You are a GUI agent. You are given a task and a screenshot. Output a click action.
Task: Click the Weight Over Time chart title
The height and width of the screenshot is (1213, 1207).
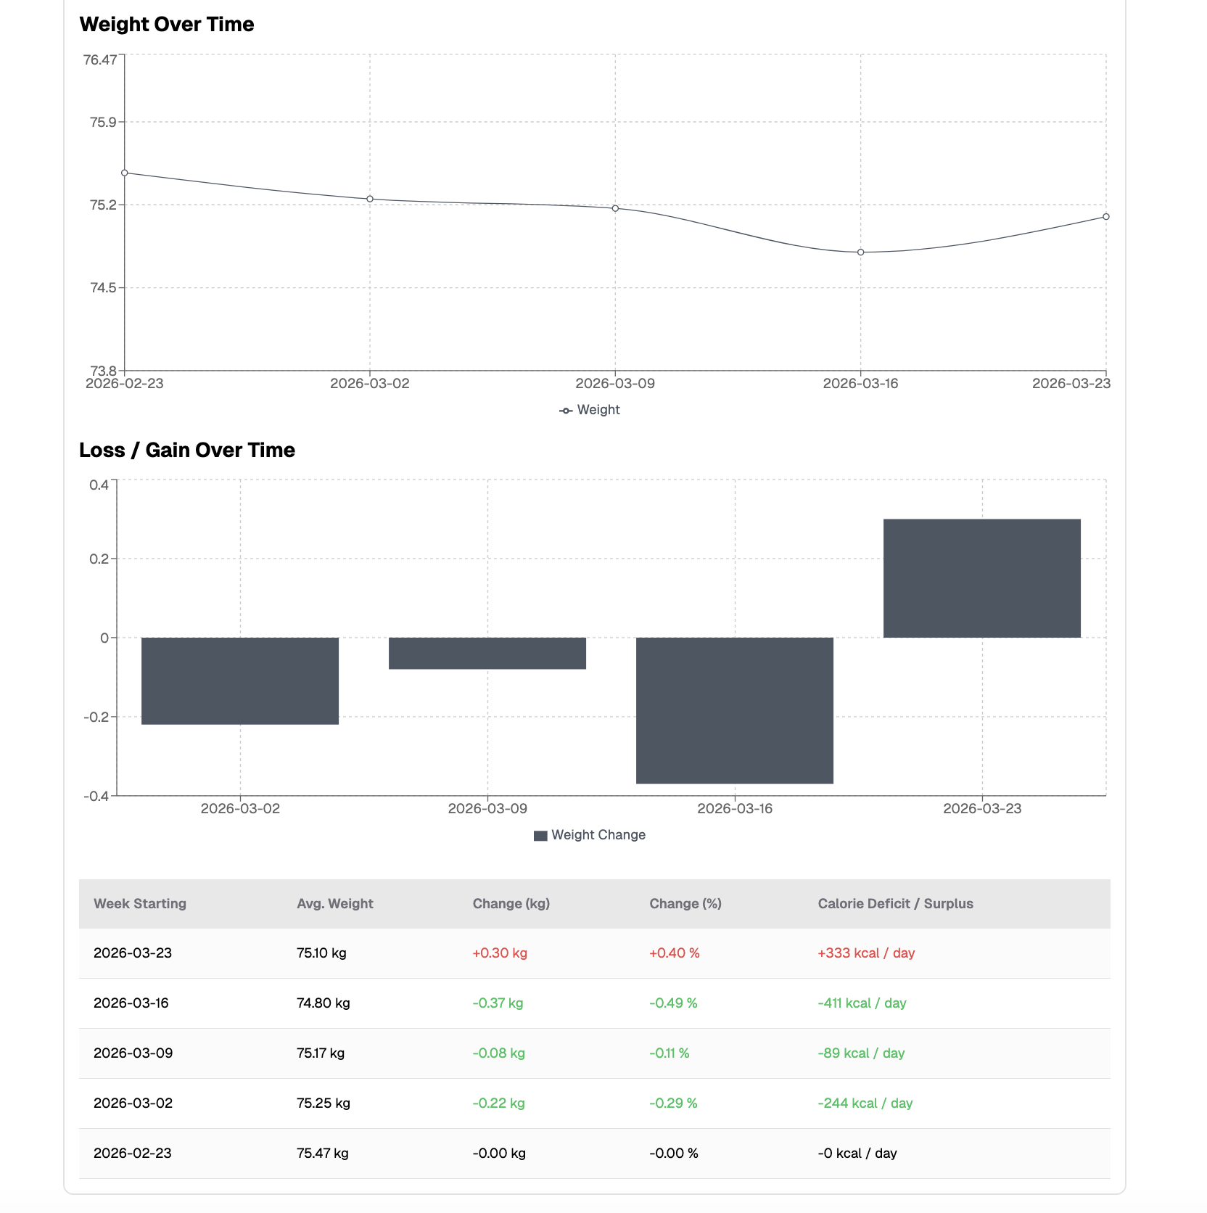click(167, 25)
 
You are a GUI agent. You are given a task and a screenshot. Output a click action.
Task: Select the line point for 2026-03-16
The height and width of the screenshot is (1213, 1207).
click(861, 252)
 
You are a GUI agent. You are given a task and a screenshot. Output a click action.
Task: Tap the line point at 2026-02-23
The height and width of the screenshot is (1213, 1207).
click(125, 173)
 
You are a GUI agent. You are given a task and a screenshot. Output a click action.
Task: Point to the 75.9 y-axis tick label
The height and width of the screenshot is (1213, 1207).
click(103, 122)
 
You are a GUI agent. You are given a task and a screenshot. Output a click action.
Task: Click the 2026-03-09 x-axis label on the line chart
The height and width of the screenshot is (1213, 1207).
click(615, 384)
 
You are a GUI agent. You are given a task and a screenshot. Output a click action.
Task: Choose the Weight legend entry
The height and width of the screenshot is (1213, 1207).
click(590, 410)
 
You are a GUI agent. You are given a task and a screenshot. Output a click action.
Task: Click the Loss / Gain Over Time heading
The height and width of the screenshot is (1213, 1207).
click(187, 451)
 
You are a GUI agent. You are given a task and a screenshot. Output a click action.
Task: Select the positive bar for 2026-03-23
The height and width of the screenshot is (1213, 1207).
click(982, 578)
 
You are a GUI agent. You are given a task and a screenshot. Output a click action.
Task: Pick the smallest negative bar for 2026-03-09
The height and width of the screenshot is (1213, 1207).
click(487, 653)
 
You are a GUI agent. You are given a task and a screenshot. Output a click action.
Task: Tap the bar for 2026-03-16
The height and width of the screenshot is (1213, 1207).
click(735, 710)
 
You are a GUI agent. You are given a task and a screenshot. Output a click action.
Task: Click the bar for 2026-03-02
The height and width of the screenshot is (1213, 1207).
click(240, 680)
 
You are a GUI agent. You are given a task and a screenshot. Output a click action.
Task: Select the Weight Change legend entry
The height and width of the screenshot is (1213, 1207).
click(590, 835)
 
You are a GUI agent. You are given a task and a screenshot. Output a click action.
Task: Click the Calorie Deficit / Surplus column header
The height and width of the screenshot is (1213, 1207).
click(895, 904)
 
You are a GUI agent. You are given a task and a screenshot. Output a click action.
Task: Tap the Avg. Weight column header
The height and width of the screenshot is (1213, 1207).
click(335, 904)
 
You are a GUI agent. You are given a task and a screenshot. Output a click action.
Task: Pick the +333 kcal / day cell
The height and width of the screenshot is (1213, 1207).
click(866, 953)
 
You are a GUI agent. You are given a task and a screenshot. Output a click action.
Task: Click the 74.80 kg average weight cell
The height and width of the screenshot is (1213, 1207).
click(324, 1003)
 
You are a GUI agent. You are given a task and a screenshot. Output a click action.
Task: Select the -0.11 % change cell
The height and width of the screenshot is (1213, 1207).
click(670, 1053)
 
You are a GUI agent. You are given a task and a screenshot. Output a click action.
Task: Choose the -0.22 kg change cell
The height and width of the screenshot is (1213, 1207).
click(499, 1103)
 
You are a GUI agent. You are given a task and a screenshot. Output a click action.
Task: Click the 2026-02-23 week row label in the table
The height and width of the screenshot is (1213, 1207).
click(133, 1154)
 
